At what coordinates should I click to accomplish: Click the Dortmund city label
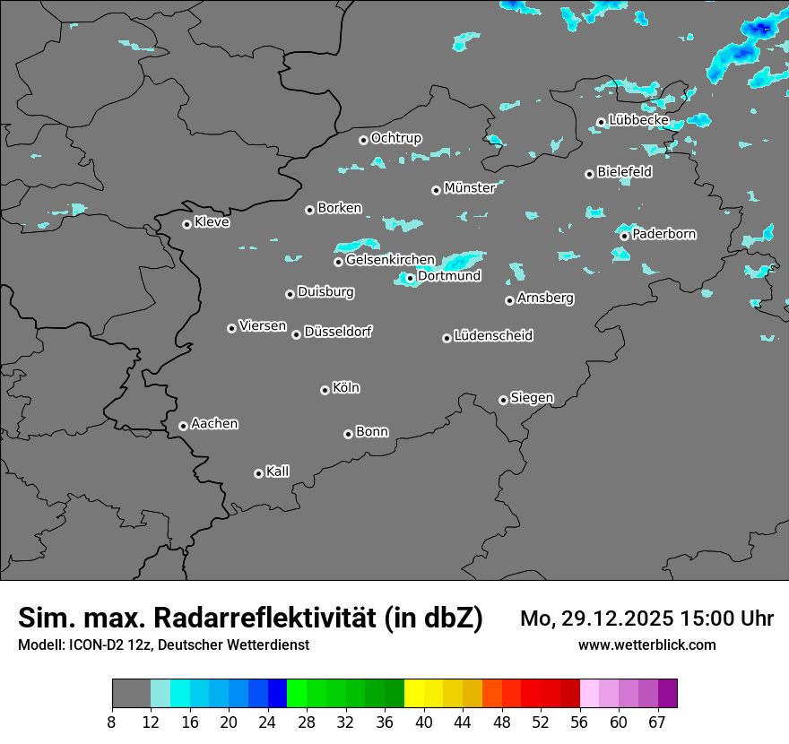(x=449, y=276)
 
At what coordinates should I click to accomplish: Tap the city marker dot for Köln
(x=325, y=390)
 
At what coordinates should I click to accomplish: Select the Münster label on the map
(x=469, y=188)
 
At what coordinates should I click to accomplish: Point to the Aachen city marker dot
(x=183, y=426)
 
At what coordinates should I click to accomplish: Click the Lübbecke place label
(x=638, y=120)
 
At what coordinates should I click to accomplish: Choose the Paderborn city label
(x=663, y=234)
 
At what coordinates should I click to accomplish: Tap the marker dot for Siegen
(x=503, y=400)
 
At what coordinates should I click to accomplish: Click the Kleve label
(x=212, y=222)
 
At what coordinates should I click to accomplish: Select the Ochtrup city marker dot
(x=363, y=140)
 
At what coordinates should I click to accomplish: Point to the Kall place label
(x=278, y=471)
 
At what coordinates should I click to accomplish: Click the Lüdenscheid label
(x=493, y=336)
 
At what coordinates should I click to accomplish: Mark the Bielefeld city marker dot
(x=589, y=174)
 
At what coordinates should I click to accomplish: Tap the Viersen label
(x=263, y=326)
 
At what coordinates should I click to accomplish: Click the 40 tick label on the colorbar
(x=423, y=722)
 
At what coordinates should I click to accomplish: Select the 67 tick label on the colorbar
(x=658, y=722)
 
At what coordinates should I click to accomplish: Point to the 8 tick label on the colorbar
(x=112, y=722)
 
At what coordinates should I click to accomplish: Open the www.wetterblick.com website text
(x=646, y=645)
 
